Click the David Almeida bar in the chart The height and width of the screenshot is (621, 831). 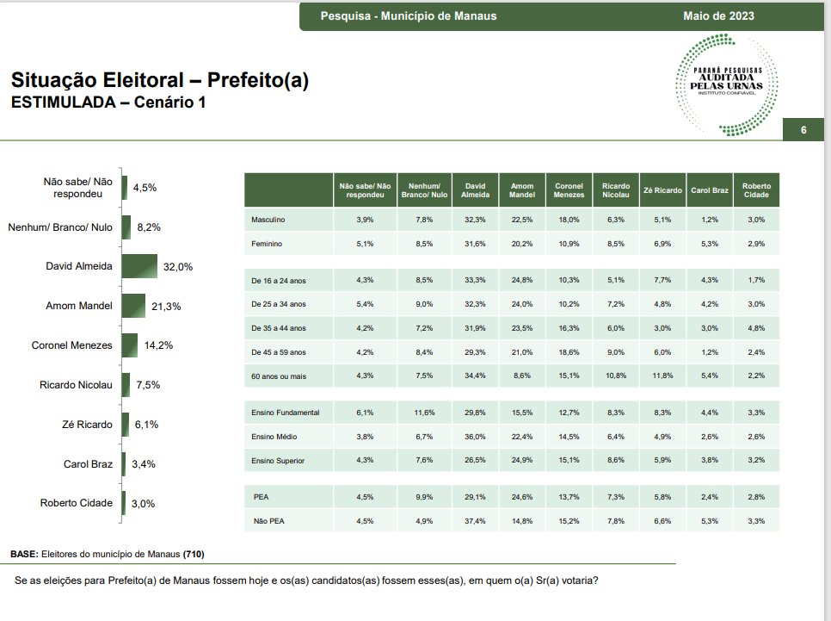(139, 266)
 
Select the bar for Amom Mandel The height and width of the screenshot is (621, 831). (133, 306)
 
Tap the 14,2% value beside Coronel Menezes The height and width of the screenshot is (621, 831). (158, 345)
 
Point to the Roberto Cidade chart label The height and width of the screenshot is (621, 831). (77, 503)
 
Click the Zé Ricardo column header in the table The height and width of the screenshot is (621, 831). (662, 190)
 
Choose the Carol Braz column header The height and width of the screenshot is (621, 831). (710, 190)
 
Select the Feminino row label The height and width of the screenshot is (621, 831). (267, 244)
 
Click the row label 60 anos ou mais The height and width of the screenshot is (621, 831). (279, 376)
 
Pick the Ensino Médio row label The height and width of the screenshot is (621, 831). (274, 437)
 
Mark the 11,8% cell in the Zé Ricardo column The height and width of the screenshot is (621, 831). (662, 376)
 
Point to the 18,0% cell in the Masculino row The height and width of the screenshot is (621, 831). (569, 220)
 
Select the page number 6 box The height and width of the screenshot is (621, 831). (803, 130)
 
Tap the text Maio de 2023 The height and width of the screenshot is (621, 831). (718, 16)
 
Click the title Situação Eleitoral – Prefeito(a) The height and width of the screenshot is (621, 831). (159, 80)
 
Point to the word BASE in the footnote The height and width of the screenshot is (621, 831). (24, 554)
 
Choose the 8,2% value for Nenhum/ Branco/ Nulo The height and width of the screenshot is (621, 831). (149, 227)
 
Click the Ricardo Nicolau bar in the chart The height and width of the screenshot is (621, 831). (126, 385)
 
